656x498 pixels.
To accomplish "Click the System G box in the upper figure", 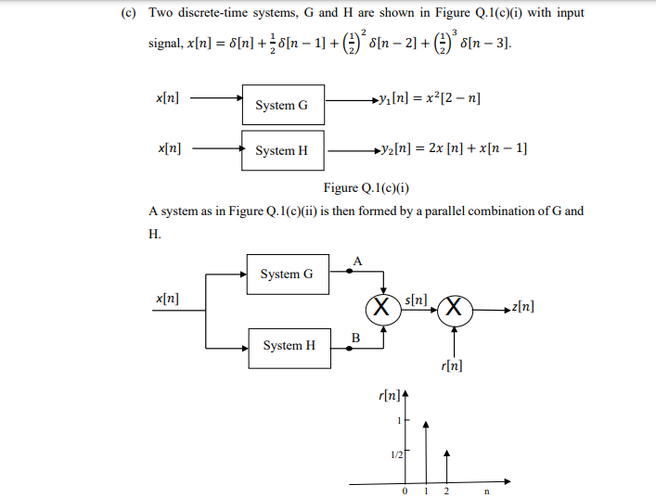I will coord(283,105).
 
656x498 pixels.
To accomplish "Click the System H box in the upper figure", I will coord(283,150).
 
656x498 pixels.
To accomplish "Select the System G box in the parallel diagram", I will coord(287,274).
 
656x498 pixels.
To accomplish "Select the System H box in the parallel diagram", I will coord(289,345).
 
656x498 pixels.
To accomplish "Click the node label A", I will coord(357,262).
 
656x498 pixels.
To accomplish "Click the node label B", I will coord(355,337).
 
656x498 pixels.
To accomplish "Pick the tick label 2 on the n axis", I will coord(446,492).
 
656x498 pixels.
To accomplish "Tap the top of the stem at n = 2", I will coord(447,453).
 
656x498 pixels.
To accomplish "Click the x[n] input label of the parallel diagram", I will coord(168,299).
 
